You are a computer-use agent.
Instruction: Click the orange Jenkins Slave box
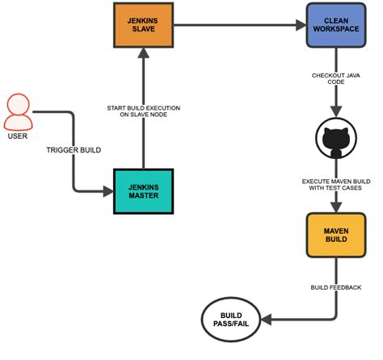click(143, 25)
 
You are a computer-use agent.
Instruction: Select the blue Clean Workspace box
click(336, 25)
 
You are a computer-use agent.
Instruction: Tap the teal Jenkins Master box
click(143, 191)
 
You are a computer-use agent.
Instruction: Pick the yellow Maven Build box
click(336, 235)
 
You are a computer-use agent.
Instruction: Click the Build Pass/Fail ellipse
click(231, 320)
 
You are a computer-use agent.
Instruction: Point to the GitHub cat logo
click(336, 138)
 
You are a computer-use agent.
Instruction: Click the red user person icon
click(18, 112)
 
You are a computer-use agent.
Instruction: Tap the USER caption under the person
click(18, 136)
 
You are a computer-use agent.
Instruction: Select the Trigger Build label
click(74, 150)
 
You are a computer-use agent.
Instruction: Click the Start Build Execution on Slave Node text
click(144, 111)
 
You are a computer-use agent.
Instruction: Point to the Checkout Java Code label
click(336, 78)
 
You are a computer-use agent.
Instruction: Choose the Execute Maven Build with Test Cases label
click(336, 185)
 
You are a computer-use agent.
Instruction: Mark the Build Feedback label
click(336, 287)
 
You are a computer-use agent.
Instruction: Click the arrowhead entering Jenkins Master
click(108, 191)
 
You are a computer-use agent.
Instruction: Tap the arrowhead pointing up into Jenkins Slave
click(143, 52)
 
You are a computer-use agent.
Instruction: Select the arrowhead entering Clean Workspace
click(301, 25)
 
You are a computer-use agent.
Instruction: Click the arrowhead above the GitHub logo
click(336, 111)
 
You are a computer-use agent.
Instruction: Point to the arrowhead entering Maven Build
click(336, 207)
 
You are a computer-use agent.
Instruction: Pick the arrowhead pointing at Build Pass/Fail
click(266, 320)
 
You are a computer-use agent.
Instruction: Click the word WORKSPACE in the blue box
click(336, 29)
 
